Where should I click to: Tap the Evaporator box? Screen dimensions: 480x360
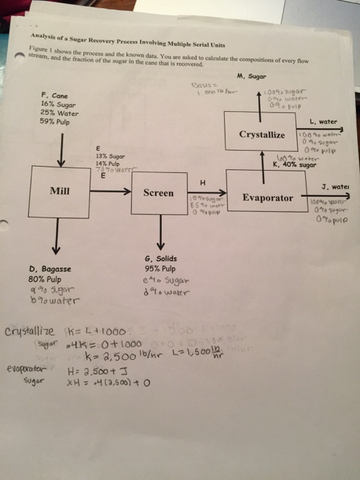click(268, 197)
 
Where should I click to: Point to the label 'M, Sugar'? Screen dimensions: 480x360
click(250, 76)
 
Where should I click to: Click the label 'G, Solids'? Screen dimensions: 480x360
click(161, 259)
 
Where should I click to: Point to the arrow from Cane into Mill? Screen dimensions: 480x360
click(61, 152)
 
